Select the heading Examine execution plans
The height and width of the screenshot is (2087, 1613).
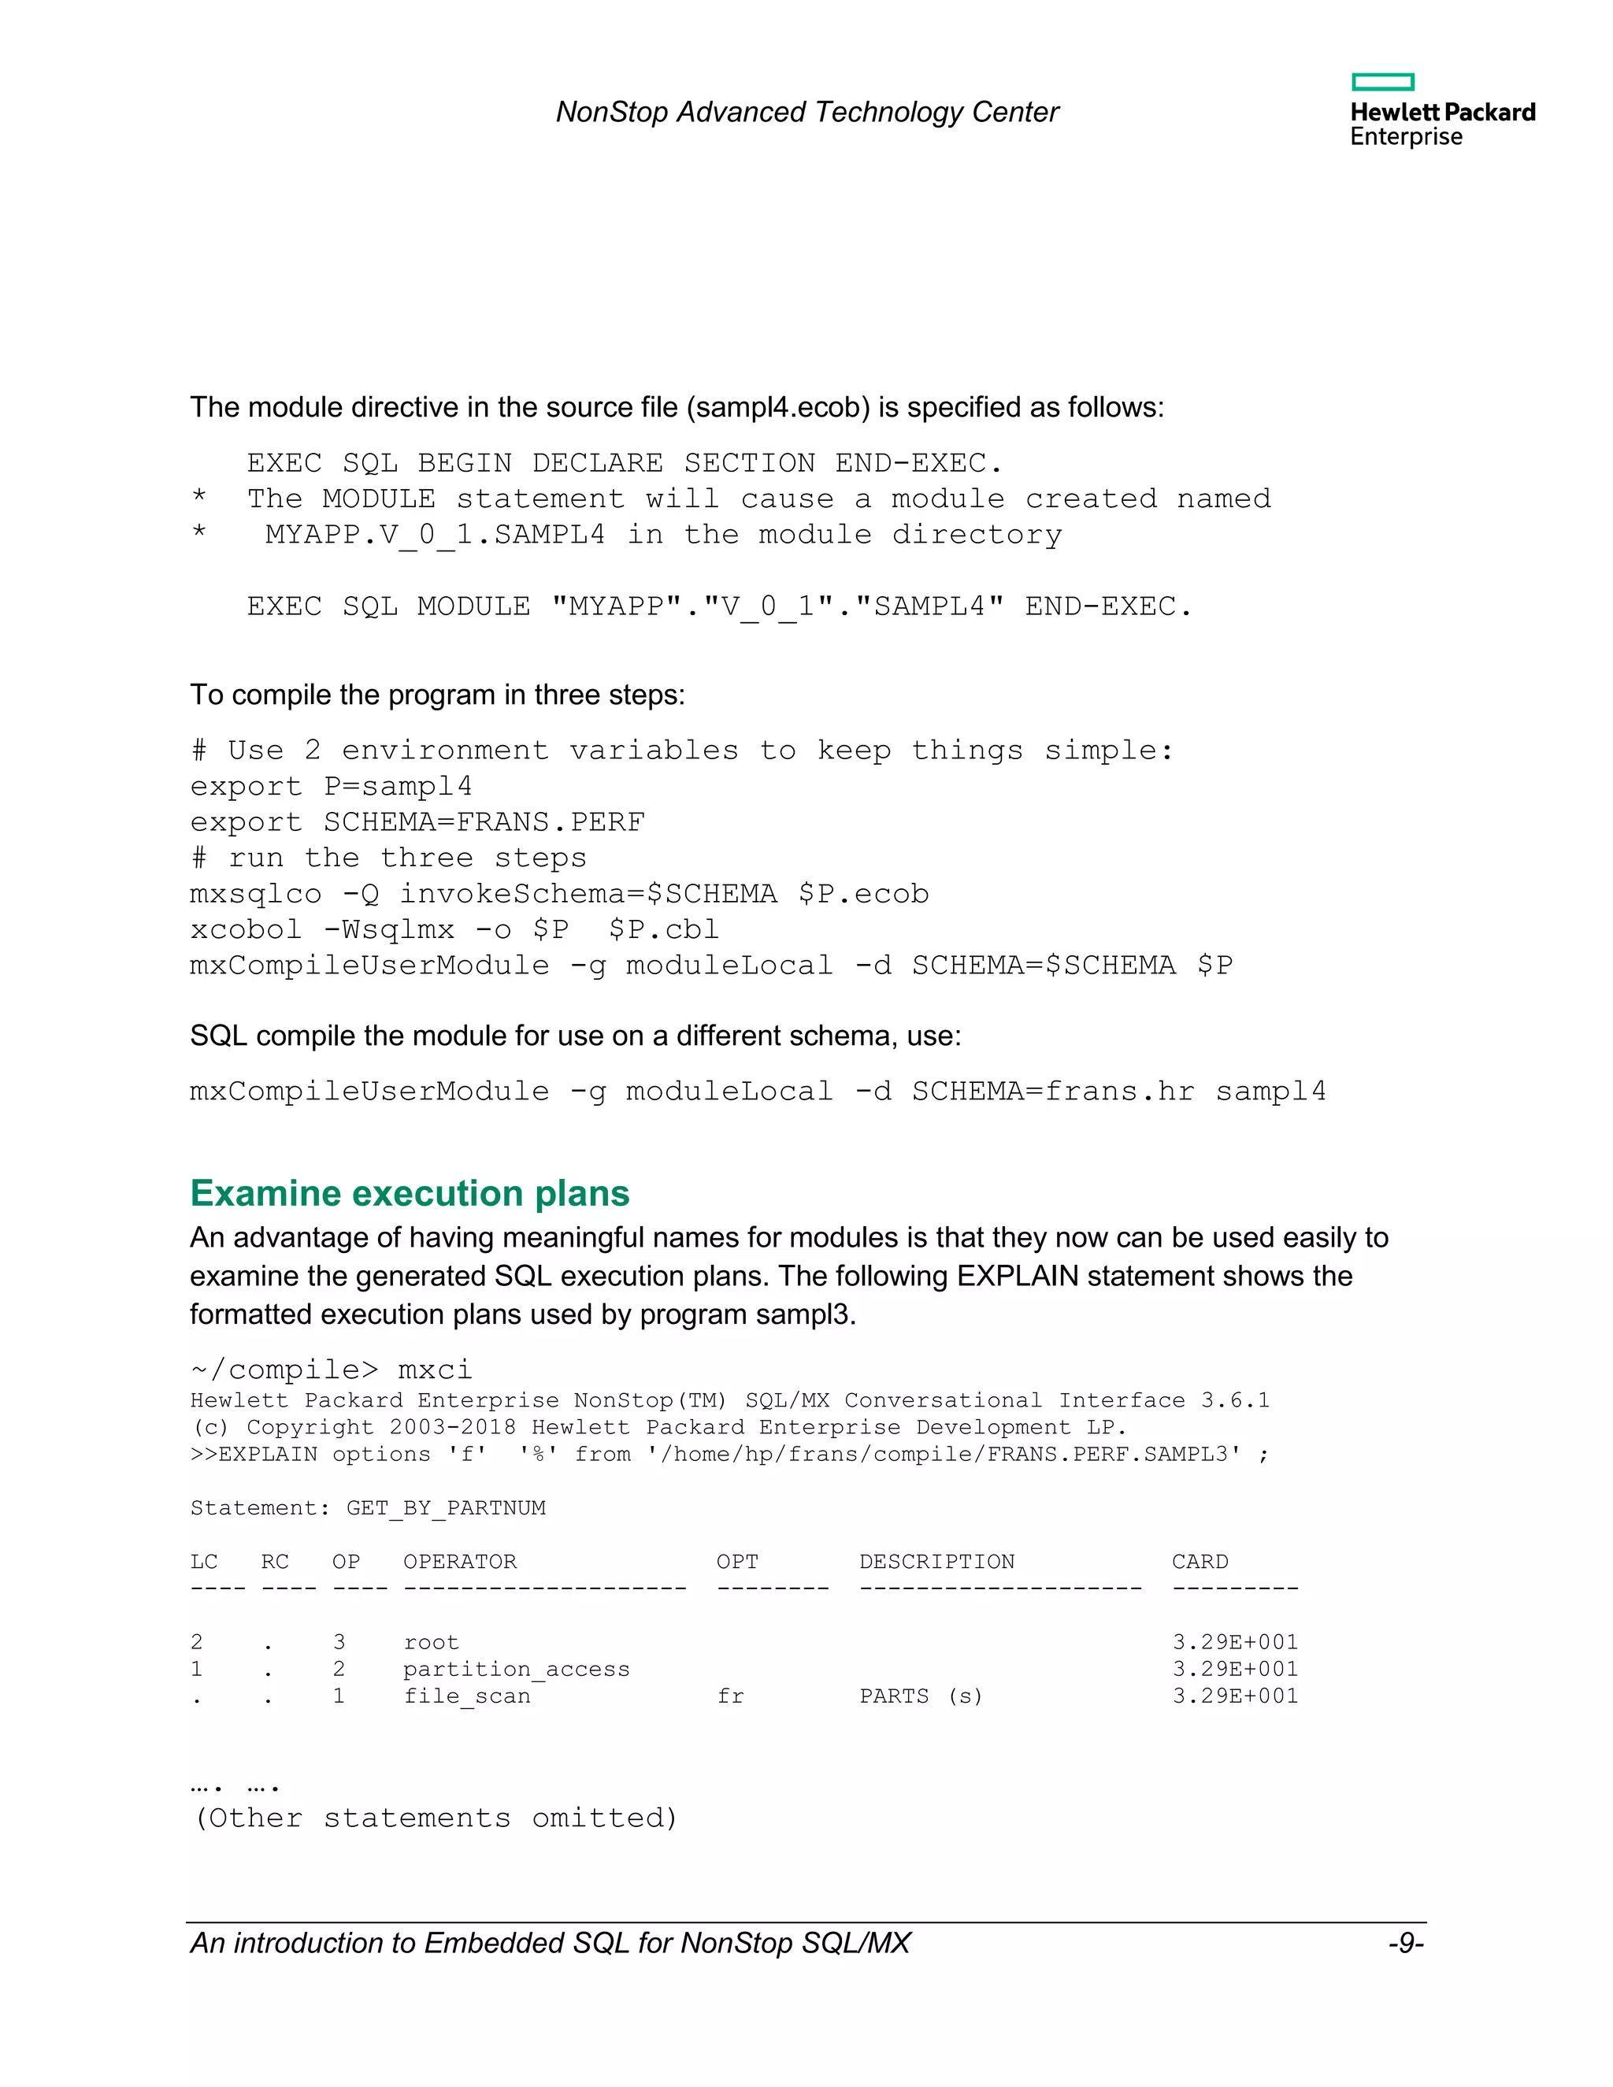tap(410, 1193)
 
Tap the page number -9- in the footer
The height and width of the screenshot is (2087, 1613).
tap(1406, 1944)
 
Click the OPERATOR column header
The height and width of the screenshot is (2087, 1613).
tap(460, 1562)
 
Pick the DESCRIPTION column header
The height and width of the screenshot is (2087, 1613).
tap(936, 1562)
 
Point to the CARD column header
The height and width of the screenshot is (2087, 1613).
tap(1200, 1562)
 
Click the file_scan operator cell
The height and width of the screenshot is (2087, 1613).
tap(466, 1696)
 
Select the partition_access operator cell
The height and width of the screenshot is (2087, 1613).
tap(516, 1670)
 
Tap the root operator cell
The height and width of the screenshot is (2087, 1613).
tap(431, 1643)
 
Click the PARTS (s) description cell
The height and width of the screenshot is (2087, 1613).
tap(921, 1696)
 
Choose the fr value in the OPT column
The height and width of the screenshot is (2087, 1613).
tap(730, 1696)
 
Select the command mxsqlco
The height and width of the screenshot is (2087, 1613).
tap(255, 895)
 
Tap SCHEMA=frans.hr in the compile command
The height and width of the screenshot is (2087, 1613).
tap(1053, 1092)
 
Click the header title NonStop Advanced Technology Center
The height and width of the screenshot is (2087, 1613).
tap(807, 113)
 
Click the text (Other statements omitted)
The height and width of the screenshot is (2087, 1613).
tap(436, 1818)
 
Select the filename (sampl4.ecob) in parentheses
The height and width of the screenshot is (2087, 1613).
tap(778, 408)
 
